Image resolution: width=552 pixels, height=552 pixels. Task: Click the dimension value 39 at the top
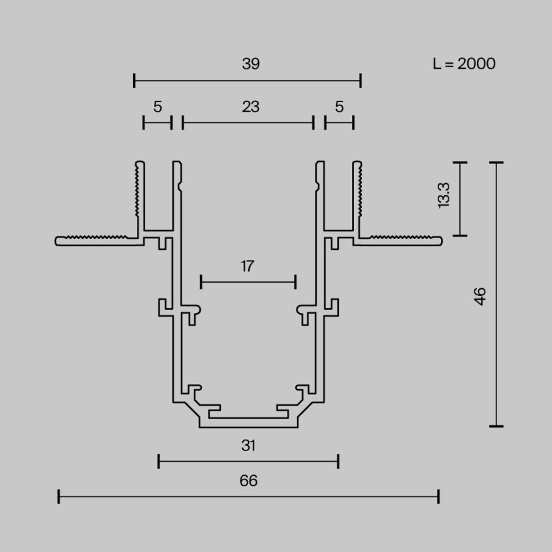[x=250, y=64]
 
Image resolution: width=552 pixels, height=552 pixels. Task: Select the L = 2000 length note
[x=464, y=64]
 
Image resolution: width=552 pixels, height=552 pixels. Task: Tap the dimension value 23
[x=250, y=107]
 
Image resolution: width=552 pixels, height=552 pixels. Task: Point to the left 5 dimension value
[x=157, y=107]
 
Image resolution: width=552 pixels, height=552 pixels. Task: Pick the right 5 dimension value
[x=339, y=107]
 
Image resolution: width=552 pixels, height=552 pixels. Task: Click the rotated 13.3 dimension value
[x=443, y=196]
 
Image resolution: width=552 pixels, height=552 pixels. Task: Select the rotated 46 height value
[x=481, y=296]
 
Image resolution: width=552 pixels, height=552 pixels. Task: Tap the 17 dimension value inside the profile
[x=247, y=266]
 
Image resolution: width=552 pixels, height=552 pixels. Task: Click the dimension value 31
[x=249, y=446]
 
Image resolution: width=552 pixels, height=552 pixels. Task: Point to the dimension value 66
[x=249, y=481]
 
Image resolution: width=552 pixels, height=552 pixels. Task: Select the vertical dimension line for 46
[x=497, y=353]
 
